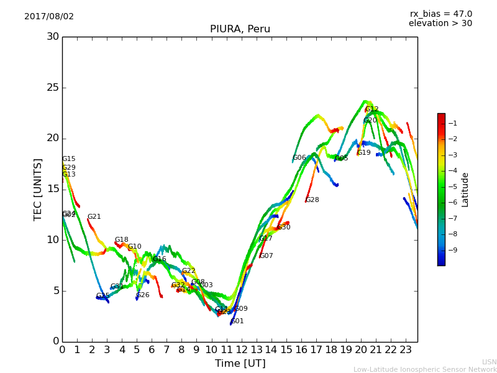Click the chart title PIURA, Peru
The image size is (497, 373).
click(x=240, y=29)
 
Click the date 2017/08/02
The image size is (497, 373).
click(x=49, y=17)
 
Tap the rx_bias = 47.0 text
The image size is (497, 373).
click(x=440, y=14)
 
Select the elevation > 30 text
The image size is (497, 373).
click(x=440, y=24)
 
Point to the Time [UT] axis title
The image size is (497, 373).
click(x=240, y=364)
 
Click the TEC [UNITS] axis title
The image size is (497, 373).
click(x=39, y=189)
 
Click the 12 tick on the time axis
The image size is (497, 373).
click(x=241, y=350)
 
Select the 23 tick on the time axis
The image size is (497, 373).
click(x=406, y=350)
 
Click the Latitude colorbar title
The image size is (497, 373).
click(x=465, y=190)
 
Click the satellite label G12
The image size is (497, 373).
click(x=372, y=109)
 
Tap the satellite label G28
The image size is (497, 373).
click(x=312, y=200)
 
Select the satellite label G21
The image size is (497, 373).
click(x=94, y=217)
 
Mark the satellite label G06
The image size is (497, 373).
click(x=299, y=158)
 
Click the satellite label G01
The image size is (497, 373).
click(x=237, y=321)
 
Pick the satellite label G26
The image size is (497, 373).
click(x=143, y=295)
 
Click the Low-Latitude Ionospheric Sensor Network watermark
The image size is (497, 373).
click(x=425, y=370)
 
